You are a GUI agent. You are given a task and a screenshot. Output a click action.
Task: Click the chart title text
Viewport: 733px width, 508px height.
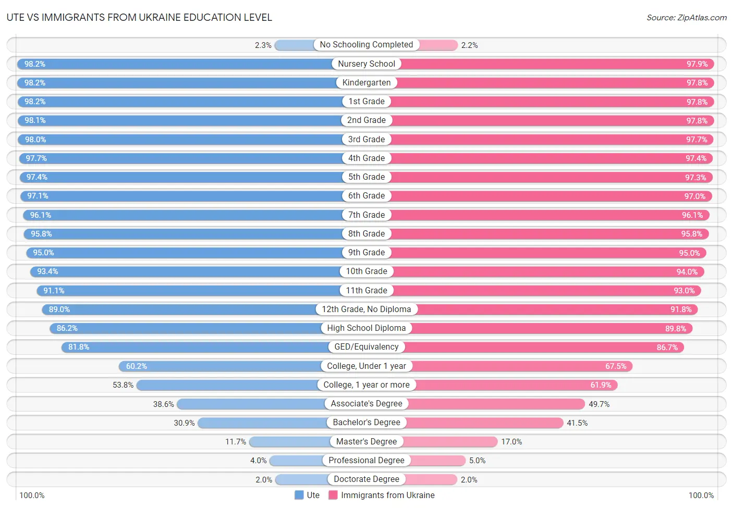click(139, 17)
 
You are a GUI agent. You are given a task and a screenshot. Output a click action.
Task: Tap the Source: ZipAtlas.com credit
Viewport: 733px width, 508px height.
click(686, 18)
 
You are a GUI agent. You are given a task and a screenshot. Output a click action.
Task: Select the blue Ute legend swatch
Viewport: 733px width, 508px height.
click(299, 495)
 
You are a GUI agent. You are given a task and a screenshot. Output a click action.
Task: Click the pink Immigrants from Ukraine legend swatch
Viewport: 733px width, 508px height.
click(333, 495)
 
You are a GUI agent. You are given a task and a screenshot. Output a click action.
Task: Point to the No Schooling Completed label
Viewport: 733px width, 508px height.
click(366, 45)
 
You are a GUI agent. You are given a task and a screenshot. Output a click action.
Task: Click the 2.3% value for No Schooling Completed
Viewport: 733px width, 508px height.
click(263, 45)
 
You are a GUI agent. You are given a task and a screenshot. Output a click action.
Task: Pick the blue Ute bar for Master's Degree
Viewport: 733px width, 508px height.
click(290, 442)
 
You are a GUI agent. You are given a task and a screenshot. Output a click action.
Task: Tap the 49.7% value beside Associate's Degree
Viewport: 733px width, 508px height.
click(599, 404)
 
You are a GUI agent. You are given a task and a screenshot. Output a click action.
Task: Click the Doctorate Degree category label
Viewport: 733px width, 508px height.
click(366, 479)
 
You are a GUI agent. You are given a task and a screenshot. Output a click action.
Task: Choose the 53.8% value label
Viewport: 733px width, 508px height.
click(123, 385)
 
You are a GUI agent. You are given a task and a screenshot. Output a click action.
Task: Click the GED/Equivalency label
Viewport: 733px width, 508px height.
click(366, 347)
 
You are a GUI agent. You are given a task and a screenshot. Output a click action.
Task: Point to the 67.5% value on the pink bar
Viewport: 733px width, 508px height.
click(616, 366)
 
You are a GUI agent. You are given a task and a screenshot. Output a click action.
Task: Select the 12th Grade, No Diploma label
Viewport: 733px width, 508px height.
click(366, 309)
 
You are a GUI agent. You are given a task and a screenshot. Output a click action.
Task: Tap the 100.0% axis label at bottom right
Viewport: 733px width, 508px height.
click(701, 495)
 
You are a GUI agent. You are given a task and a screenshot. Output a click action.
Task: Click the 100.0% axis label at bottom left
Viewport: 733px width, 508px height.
click(32, 495)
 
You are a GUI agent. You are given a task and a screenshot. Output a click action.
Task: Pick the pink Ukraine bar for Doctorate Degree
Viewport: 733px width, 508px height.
click(431, 479)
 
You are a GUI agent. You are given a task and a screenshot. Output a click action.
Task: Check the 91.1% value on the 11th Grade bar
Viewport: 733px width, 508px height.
click(54, 291)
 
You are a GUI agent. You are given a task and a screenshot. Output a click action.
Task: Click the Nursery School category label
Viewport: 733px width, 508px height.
click(366, 64)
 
